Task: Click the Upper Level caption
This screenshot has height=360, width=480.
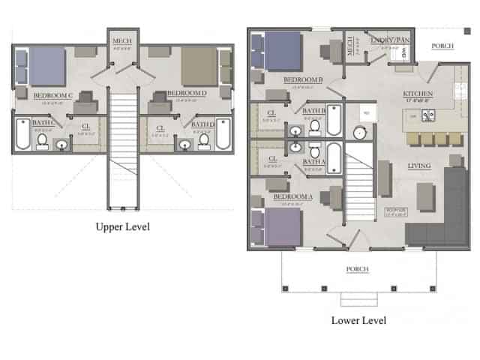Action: point(121,226)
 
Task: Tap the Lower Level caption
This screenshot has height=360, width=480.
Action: point(358,320)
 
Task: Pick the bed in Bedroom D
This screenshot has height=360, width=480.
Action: point(198,66)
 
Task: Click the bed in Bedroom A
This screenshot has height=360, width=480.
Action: point(279,226)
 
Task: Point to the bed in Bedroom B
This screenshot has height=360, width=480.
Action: point(279,52)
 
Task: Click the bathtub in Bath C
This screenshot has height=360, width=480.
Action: point(23,135)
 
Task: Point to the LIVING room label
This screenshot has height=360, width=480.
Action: point(419,166)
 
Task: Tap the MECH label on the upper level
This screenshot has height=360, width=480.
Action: point(121,40)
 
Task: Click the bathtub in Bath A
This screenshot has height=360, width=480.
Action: point(334,158)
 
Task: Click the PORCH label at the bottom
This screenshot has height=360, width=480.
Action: point(355,269)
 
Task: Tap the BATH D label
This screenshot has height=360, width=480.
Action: point(202,124)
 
